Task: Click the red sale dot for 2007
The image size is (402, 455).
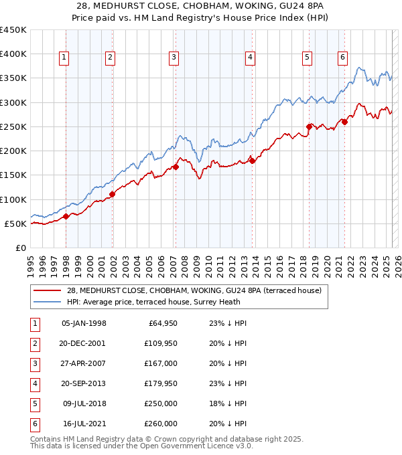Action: click(x=176, y=167)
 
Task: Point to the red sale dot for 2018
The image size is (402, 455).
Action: click(x=309, y=126)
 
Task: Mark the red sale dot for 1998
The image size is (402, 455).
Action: click(x=66, y=216)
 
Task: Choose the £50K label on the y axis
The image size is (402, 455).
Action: click(x=16, y=223)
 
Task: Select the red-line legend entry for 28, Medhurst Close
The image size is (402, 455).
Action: click(x=194, y=290)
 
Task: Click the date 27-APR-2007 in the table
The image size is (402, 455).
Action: click(x=84, y=363)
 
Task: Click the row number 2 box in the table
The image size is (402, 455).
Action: click(x=33, y=343)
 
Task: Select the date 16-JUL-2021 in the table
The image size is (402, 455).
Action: click(x=84, y=424)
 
